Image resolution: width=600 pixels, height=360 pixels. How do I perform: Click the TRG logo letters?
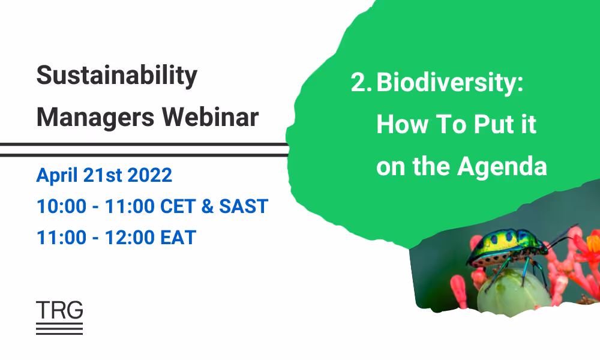pyautogui.click(x=59, y=310)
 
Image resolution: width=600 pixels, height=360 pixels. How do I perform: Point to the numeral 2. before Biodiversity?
pyautogui.click(x=361, y=83)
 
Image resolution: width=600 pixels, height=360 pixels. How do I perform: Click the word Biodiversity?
pyautogui.click(x=450, y=83)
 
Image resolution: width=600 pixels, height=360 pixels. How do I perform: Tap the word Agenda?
pyautogui.click(x=502, y=166)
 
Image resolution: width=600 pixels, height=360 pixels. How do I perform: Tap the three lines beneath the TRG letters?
pyautogui.click(x=59, y=328)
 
